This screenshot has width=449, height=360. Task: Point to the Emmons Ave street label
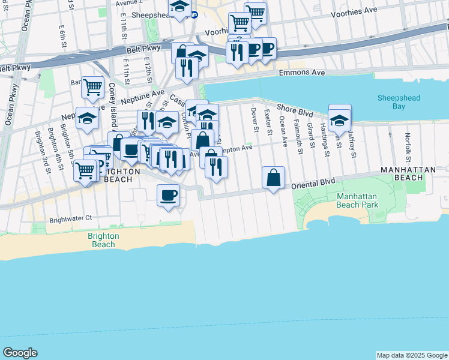tap(302, 73)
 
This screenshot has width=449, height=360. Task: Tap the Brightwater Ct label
tap(71, 218)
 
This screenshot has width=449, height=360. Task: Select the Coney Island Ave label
tap(112, 105)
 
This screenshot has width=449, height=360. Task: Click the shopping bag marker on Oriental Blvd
tap(273, 178)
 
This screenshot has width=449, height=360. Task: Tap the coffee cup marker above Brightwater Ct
tap(168, 195)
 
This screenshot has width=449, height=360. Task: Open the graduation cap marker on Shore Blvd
tap(339, 121)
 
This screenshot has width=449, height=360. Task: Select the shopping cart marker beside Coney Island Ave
tap(92, 88)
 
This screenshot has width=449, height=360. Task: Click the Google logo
tap(20, 353)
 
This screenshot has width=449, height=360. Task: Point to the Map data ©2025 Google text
tap(411, 355)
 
